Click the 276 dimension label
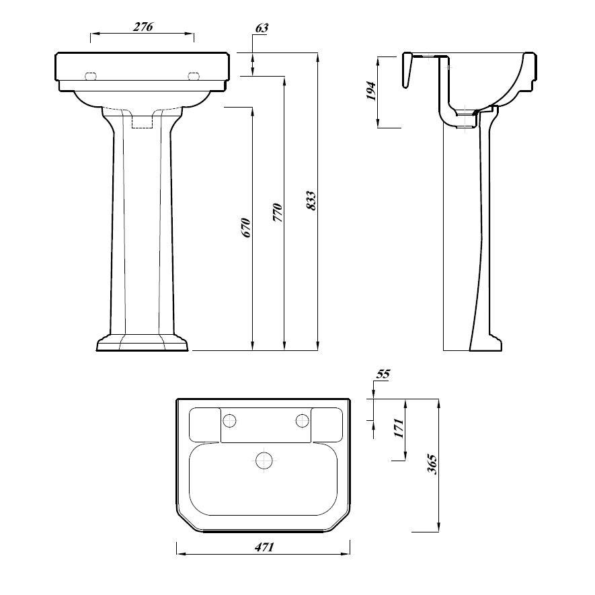143,27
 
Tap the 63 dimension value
262,28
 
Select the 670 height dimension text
246,227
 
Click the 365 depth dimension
432,463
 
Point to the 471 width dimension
264,547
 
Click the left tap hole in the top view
230,421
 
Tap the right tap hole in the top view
303,421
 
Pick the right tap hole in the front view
195,76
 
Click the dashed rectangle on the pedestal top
143,121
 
